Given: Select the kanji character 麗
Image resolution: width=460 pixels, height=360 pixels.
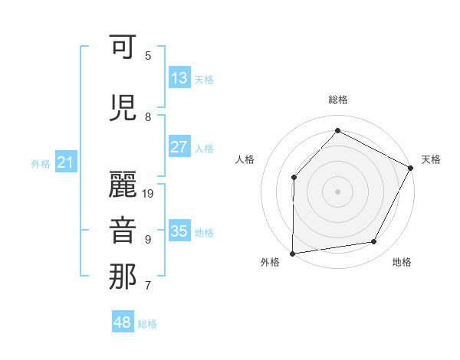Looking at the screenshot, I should coord(123,183).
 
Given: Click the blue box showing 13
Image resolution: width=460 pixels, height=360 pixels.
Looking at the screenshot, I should coord(179,78).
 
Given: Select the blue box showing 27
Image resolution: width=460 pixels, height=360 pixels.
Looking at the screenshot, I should coord(179,147).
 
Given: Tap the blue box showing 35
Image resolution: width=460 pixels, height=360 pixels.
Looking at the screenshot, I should coord(179,231).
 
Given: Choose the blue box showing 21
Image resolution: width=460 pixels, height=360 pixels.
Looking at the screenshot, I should coord(65,162).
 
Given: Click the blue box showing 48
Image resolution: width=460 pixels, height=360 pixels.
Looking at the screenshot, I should coord(123,322).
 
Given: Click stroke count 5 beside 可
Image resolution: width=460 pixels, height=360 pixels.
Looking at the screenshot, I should coord(148,55).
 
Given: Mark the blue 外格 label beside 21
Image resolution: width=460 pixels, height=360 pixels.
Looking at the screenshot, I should coord(41,163).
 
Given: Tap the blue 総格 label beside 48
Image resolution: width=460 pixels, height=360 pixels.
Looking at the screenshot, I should coord(147,324).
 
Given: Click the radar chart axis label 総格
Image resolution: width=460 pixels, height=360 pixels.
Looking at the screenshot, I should coord(337,100).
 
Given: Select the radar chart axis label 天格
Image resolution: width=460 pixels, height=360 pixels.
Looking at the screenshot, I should coord(431,159).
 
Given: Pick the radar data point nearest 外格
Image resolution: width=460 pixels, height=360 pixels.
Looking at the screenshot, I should coord(292,253).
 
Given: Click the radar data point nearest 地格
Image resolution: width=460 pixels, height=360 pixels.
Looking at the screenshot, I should coord(374,242).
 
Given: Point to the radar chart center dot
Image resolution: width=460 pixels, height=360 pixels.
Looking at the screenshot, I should coord(337,191).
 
